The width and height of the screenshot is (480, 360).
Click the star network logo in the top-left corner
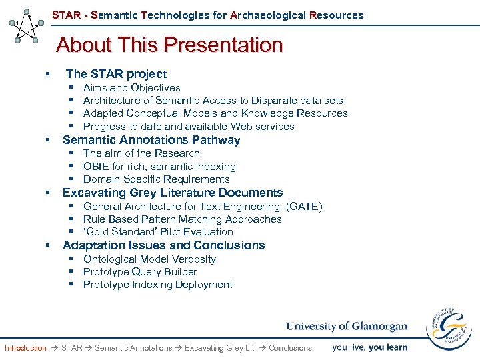(27, 25)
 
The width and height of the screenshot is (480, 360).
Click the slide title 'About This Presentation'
(169, 45)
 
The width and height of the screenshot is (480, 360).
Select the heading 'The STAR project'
(116, 74)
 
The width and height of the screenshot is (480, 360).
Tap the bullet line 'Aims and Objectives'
(131, 88)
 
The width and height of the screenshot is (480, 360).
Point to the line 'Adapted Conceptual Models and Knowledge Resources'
(215, 113)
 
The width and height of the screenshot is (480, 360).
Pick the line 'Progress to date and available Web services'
(189, 127)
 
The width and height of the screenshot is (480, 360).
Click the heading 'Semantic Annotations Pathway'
(151, 140)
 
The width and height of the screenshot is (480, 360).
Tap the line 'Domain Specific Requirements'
(156, 179)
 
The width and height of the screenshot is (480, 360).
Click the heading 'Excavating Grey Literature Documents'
(173, 193)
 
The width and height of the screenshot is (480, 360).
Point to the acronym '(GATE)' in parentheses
(304, 207)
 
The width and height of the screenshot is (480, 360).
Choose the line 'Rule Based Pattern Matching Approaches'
(182, 219)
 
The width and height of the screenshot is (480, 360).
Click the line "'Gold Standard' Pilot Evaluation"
(158, 232)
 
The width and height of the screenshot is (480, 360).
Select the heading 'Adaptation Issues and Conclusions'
(163, 245)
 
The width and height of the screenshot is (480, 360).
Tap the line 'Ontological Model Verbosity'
(149, 259)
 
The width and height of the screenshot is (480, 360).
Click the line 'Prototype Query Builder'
(140, 272)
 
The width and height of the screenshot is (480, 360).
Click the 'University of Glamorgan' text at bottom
(346, 326)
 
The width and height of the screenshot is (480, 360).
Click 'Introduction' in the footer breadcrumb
(25, 348)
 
